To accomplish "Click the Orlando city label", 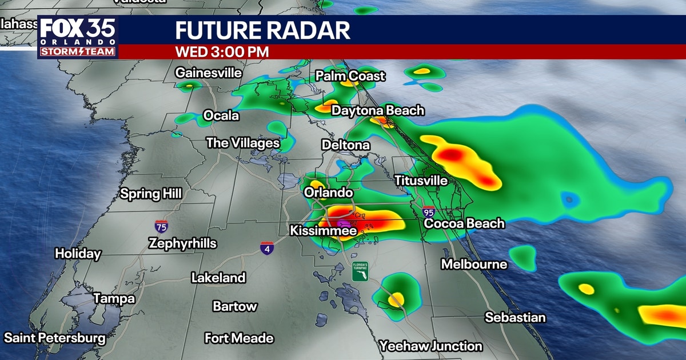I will pyautogui.click(x=328, y=193).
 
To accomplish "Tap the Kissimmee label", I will pyautogui.click(x=324, y=231).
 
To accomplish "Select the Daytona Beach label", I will pyautogui.click(x=378, y=110).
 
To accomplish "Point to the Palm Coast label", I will pyautogui.click(x=350, y=76).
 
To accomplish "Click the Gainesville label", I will pyautogui.click(x=209, y=73).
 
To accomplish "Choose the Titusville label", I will pyautogui.click(x=421, y=181).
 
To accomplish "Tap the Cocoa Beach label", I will pyautogui.click(x=464, y=223).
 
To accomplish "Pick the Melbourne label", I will pyautogui.click(x=474, y=264).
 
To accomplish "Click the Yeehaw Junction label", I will pyautogui.click(x=432, y=346).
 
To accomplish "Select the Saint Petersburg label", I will pyautogui.click(x=55, y=338).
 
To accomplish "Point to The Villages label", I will pyautogui.click(x=243, y=143).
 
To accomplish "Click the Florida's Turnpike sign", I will pyautogui.click(x=360, y=271).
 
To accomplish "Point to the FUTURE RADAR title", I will pyautogui.click(x=262, y=30).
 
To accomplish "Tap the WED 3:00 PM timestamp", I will pyautogui.click(x=222, y=51).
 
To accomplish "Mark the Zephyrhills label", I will pyautogui.click(x=182, y=243).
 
